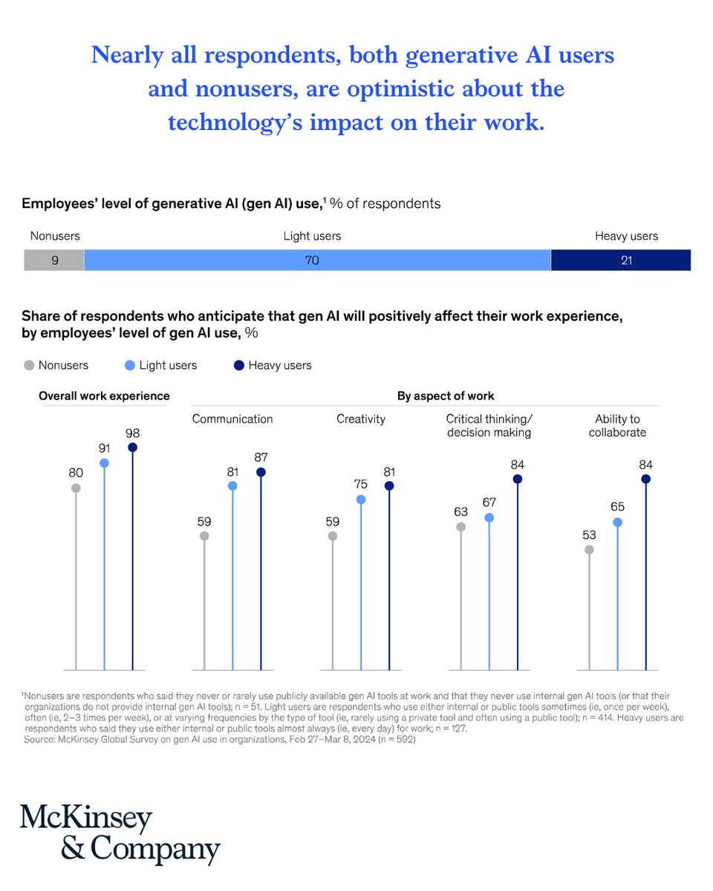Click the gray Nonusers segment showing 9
[x=54, y=260]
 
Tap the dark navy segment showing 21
[x=621, y=260]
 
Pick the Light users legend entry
[x=160, y=365]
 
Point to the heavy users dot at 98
[x=132, y=447]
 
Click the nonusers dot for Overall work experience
[x=76, y=488]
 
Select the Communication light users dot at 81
[x=232, y=486]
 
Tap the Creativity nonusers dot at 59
[x=333, y=535]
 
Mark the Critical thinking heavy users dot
[x=518, y=479]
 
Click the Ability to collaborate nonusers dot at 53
[x=590, y=549]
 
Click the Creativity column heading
[x=361, y=419]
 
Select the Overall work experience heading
[x=104, y=396]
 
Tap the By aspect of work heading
[x=446, y=396]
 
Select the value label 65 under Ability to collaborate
[x=618, y=506]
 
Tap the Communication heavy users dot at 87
[x=261, y=472]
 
